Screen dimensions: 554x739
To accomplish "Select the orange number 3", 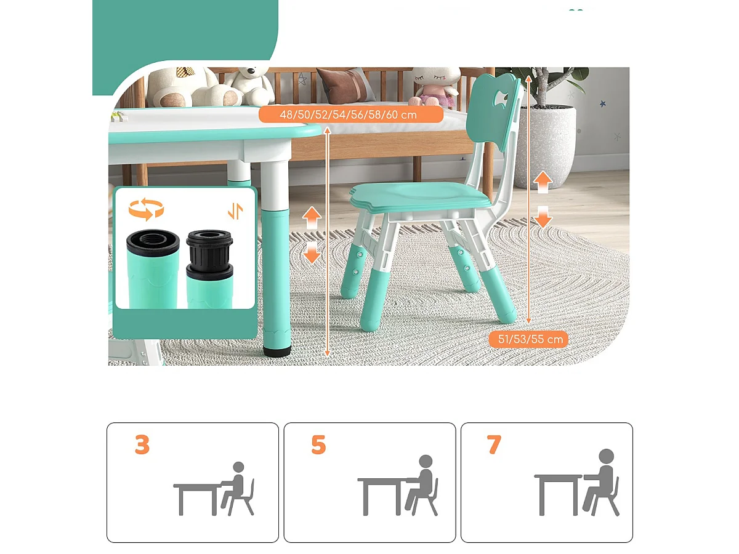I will point(142,444).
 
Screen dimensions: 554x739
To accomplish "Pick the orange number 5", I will point(318,444).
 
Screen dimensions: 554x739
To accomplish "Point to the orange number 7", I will point(494,444).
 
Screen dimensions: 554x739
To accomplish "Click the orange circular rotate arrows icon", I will point(146,209).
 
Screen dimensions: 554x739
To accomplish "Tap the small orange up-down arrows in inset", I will point(235,211).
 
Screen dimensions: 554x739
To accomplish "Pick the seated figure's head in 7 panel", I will point(607,456).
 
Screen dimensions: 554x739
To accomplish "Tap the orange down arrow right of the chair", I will point(543,216).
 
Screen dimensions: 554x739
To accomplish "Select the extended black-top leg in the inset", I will point(209,268).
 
